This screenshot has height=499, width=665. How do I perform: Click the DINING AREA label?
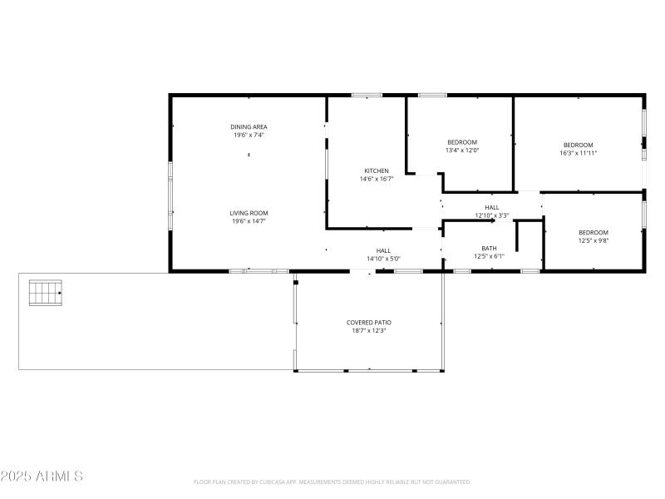(x=249, y=126)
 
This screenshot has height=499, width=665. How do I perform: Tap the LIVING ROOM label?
(x=249, y=213)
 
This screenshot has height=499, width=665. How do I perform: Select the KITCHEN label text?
(x=376, y=170)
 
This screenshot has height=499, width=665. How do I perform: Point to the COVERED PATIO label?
(x=368, y=322)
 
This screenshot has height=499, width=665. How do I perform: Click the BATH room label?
(x=489, y=248)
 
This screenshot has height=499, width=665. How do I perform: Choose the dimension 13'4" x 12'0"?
(x=462, y=151)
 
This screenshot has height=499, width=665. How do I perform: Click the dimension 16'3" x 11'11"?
(x=578, y=153)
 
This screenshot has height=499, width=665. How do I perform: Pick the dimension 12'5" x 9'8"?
(x=593, y=241)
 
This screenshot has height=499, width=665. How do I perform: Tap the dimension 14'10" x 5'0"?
(x=383, y=259)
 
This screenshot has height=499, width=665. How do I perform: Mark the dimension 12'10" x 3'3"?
(x=491, y=215)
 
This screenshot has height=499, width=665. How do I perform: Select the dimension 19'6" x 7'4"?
(x=249, y=135)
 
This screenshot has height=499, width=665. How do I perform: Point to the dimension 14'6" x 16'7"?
(x=376, y=179)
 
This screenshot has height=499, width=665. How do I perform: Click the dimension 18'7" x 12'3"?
(x=368, y=330)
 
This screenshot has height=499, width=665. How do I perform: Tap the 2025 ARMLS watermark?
(x=42, y=477)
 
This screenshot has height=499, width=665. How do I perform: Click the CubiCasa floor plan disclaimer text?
(x=332, y=482)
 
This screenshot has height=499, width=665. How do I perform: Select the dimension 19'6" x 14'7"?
(x=249, y=221)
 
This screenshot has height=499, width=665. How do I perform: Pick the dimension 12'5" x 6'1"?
(x=489, y=256)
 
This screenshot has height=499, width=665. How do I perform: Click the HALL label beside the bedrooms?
(x=491, y=207)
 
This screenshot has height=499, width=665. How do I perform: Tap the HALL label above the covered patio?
(x=383, y=250)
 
